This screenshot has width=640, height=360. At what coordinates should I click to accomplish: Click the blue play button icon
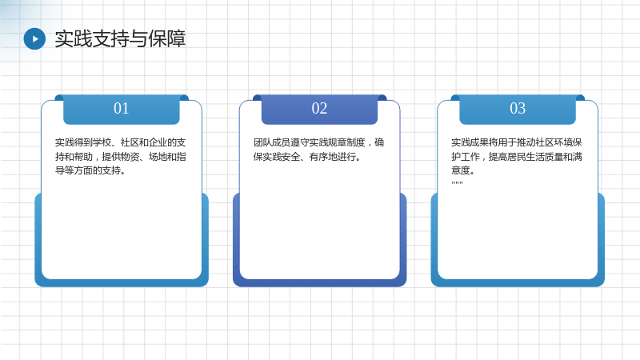(x=34, y=38)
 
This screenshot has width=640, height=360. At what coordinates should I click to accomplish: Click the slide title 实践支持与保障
(x=120, y=38)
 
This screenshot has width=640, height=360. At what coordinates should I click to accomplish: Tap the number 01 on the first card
(x=122, y=109)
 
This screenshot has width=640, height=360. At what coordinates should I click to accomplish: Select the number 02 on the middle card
(x=319, y=109)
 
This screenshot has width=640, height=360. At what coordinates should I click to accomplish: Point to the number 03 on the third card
(x=518, y=109)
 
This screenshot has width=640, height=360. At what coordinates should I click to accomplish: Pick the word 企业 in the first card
(x=158, y=142)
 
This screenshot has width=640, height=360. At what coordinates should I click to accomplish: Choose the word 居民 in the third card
(x=517, y=157)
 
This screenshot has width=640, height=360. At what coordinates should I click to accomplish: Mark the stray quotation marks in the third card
(x=457, y=183)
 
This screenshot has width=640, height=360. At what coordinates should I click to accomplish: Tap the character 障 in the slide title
(x=176, y=38)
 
